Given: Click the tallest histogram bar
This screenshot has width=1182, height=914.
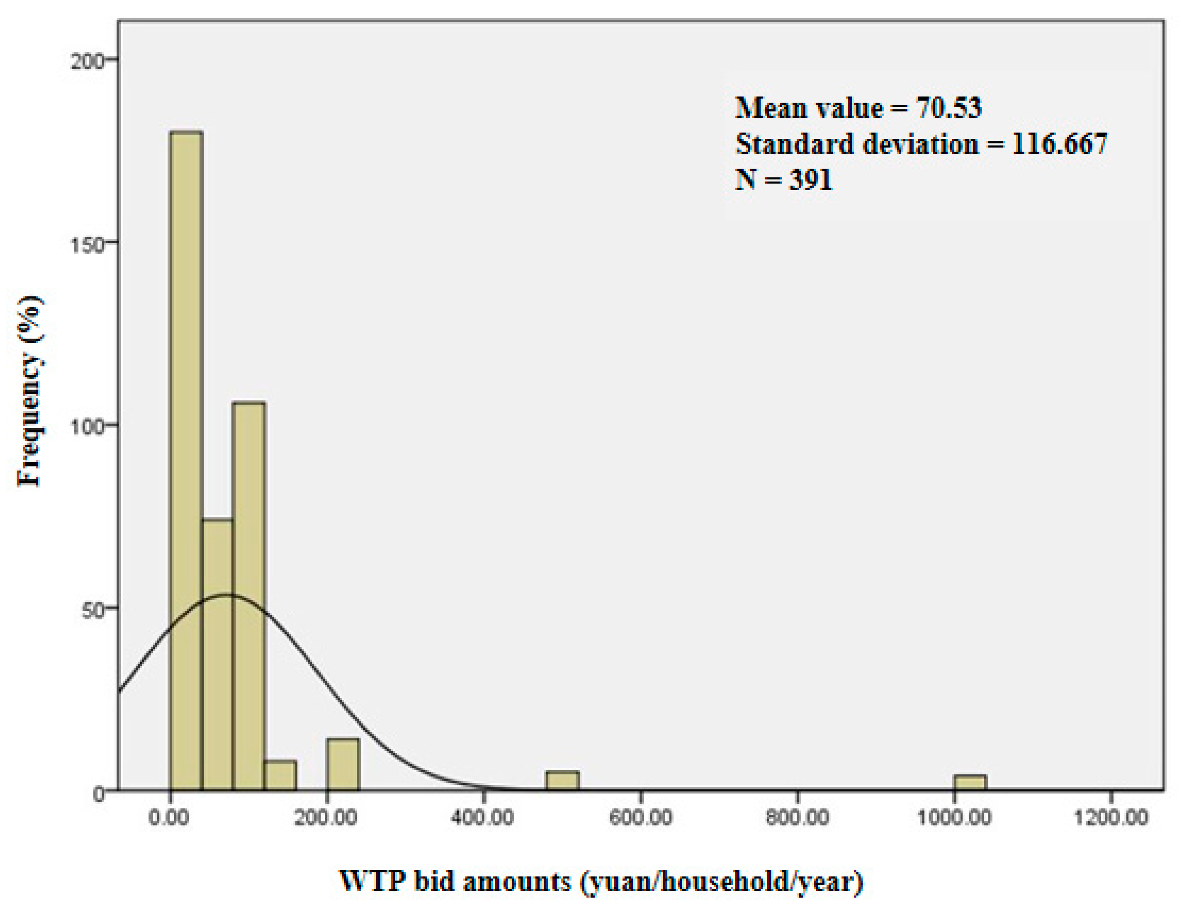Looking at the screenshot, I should pos(186,460).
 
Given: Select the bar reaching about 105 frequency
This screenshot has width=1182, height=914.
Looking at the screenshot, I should pos(249,595).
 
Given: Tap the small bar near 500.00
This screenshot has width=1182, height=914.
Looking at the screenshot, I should pos(562,780).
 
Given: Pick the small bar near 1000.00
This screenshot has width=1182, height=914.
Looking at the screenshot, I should pos(970,783).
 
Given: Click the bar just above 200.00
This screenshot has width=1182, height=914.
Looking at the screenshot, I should pos(343,764).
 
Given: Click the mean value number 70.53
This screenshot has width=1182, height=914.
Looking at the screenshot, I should pos(948,108).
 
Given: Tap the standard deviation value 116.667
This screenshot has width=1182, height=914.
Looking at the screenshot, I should pos(1059,144).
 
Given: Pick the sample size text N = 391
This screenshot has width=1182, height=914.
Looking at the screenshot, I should pos(783,180).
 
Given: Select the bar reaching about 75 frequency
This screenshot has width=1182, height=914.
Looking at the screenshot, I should pos(218,654).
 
